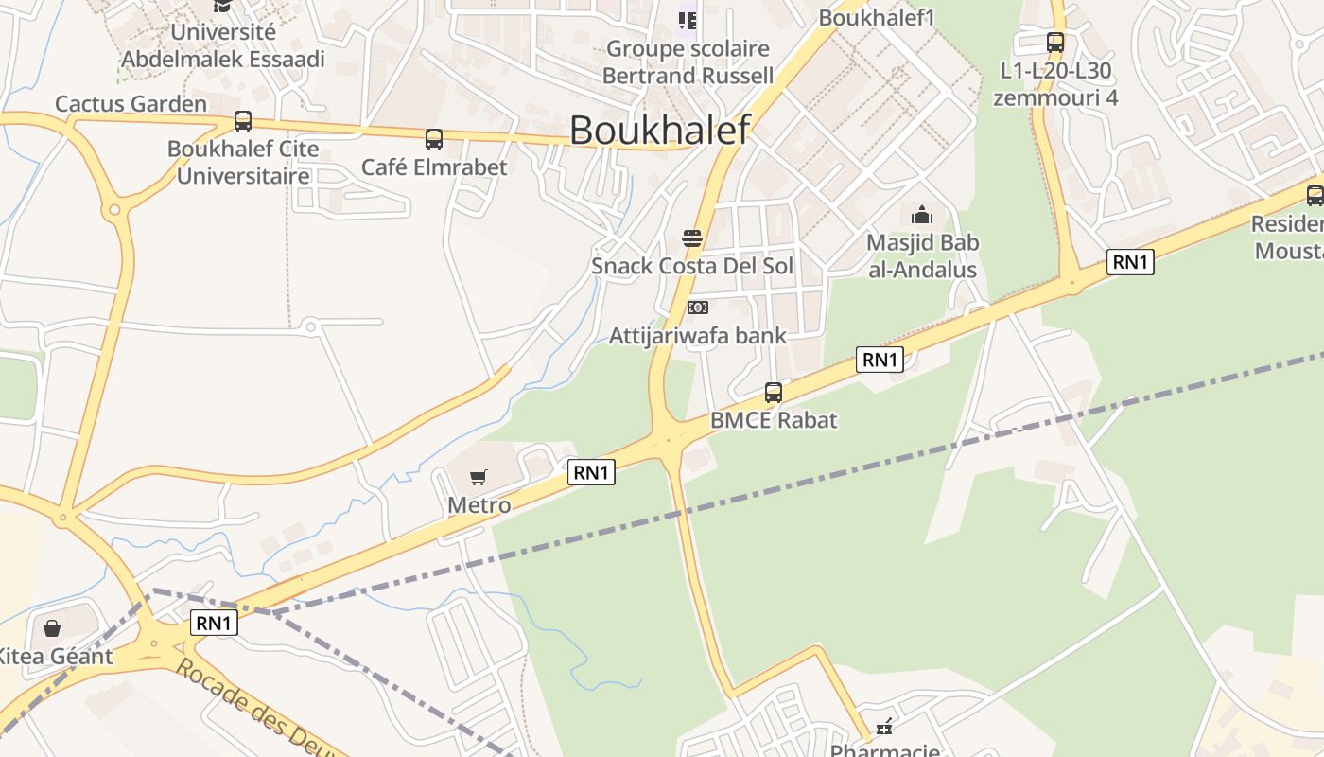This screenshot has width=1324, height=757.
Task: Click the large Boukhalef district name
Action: (x=659, y=130)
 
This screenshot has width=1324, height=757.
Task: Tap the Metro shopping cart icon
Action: (x=479, y=478)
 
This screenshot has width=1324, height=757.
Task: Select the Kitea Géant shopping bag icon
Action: (x=52, y=628)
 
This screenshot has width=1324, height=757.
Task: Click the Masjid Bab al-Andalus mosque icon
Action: (x=922, y=215)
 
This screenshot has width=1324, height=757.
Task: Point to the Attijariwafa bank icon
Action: (x=698, y=308)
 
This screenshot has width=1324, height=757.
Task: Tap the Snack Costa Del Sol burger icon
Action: (x=692, y=238)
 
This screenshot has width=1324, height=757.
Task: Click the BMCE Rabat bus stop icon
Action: (x=774, y=393)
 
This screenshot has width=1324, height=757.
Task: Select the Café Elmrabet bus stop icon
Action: (x=434, y=139)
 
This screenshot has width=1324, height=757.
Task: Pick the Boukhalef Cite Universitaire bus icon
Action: (x=243, y=121)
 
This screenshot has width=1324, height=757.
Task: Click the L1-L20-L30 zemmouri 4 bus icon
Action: (x=1055, y=43)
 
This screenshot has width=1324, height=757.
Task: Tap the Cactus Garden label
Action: (x=131, y=103)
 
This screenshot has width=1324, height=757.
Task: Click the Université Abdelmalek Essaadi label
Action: (x=223, y=45)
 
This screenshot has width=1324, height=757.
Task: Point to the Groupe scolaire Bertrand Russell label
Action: (x=688, y=62)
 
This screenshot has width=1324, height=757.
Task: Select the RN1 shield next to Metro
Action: (x=591, y=471)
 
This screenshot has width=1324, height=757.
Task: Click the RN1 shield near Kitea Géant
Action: (x=214, y=623)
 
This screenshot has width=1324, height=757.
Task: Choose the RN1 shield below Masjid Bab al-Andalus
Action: (x=880, y=359)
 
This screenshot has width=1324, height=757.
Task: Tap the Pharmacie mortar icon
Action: (x=884, y=728)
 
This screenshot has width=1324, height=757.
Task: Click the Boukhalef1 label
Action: (x=877, y=17)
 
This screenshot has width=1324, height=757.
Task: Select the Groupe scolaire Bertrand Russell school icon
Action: (x=688, y=19)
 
